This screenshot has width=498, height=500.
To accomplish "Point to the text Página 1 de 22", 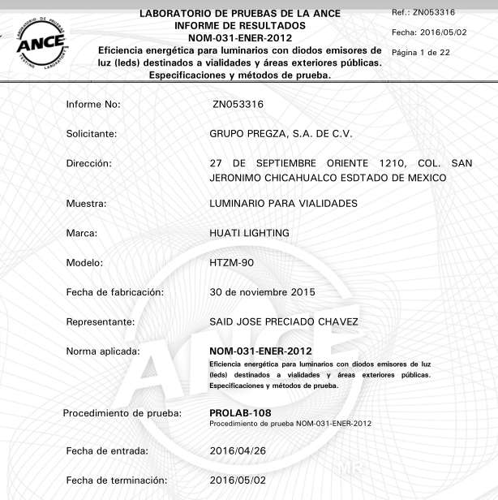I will click(x=421, y=53).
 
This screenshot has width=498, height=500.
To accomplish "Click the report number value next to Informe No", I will click(x=238, y=105).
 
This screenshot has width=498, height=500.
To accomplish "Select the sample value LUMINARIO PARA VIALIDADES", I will click(x=283, y=203).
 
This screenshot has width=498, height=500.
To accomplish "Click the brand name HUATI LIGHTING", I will click(x=249, y=234).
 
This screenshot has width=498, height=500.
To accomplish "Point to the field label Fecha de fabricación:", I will click(x=115, y=292).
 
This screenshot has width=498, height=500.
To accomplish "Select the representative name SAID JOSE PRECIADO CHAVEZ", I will click(x=284, y=322).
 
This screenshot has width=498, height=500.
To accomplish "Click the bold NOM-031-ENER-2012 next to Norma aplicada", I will click(x=260, y=351).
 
